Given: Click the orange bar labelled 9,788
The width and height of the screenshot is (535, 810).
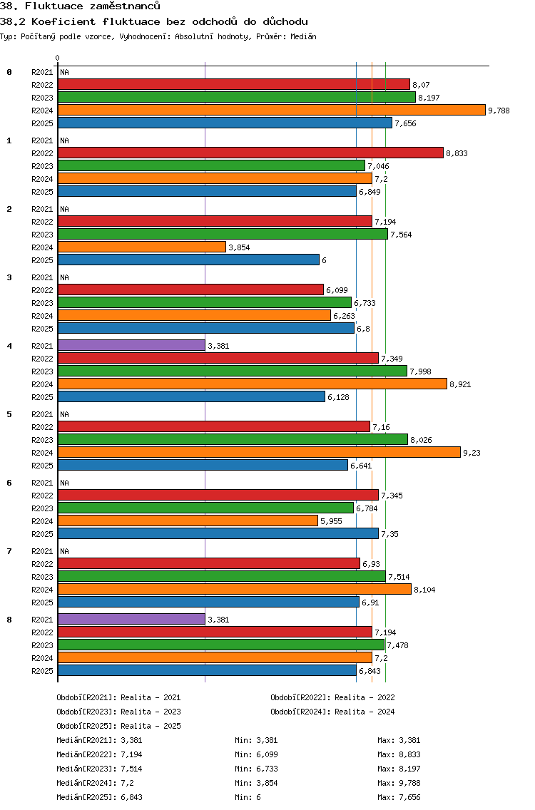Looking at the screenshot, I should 271,110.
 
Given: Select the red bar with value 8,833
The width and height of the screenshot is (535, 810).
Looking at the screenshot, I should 250,153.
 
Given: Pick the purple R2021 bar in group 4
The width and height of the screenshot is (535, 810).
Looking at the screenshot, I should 131,345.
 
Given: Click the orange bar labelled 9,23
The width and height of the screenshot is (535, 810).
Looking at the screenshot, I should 259,452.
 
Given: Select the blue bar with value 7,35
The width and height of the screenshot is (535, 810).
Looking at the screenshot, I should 218,533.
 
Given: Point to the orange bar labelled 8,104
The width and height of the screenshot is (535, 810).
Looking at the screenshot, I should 234,589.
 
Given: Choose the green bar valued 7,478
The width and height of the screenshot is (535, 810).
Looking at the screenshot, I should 221,645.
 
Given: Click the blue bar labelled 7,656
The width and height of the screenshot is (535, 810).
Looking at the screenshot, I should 225,123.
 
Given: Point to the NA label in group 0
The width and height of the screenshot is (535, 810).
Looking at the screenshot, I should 64,72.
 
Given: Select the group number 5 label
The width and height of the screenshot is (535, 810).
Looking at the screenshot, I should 9,414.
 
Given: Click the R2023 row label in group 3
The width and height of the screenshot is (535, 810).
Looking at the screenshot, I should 42,303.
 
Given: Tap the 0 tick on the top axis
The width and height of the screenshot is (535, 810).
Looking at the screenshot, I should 58,58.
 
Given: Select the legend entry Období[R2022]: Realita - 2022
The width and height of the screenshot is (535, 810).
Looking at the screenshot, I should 332,697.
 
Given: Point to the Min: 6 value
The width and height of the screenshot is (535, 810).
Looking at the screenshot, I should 248,797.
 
